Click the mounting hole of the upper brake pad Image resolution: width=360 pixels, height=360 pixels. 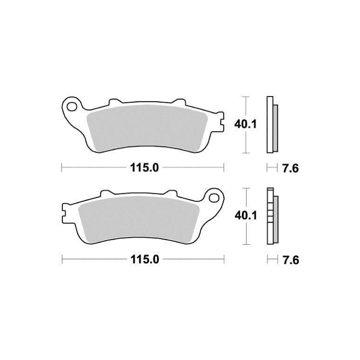pos(72,107)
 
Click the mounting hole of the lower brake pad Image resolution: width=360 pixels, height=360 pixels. pos(214,197)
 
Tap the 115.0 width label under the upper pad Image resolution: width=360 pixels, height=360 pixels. pos(144,168)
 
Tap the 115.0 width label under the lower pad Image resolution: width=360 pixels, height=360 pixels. pos(144,260)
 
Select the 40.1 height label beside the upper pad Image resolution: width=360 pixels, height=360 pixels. pos(245,124)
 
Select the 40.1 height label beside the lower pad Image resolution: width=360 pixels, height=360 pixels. pos(246,216)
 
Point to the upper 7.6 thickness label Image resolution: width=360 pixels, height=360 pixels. pos(290,169)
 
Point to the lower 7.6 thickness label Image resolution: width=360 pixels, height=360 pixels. pos(291,260)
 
